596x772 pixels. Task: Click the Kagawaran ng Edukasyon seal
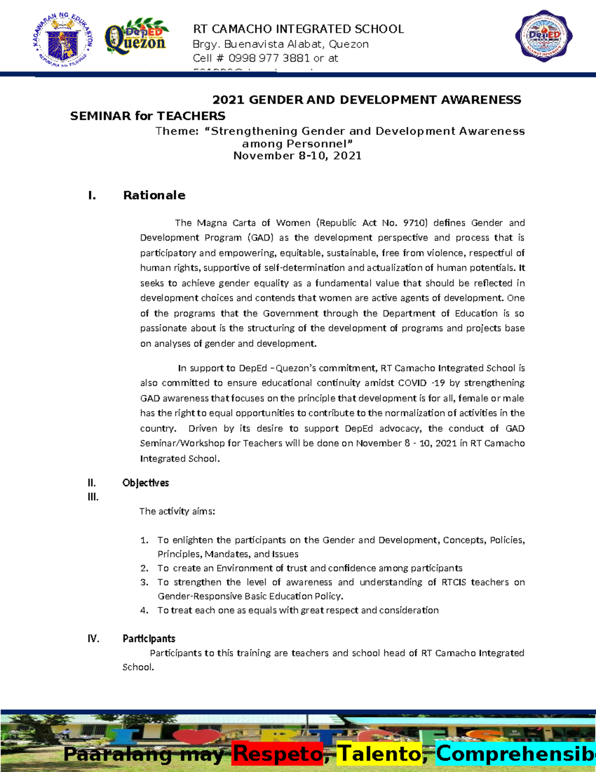tap(63, 40)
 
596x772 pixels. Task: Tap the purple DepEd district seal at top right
tap(544, 36)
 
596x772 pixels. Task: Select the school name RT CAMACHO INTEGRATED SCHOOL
tap(298, 29)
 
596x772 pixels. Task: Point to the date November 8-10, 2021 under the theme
tap(298, 156)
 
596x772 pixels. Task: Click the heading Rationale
tap(154, 195)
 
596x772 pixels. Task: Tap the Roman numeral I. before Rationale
tap(92, 195)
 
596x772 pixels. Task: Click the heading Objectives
tap(146, 483)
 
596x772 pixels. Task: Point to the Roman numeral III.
tap(93, 497)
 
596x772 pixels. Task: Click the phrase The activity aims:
tap(177, 511)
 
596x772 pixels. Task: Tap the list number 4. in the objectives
tap(144, 610)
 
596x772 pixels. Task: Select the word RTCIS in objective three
tap(453, 582)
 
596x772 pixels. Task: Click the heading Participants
tap(149, 638)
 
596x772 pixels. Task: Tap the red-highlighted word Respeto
tap(278, 754)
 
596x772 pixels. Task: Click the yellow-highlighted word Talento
tap(379, 754)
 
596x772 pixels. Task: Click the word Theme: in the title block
tap(176, 131)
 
